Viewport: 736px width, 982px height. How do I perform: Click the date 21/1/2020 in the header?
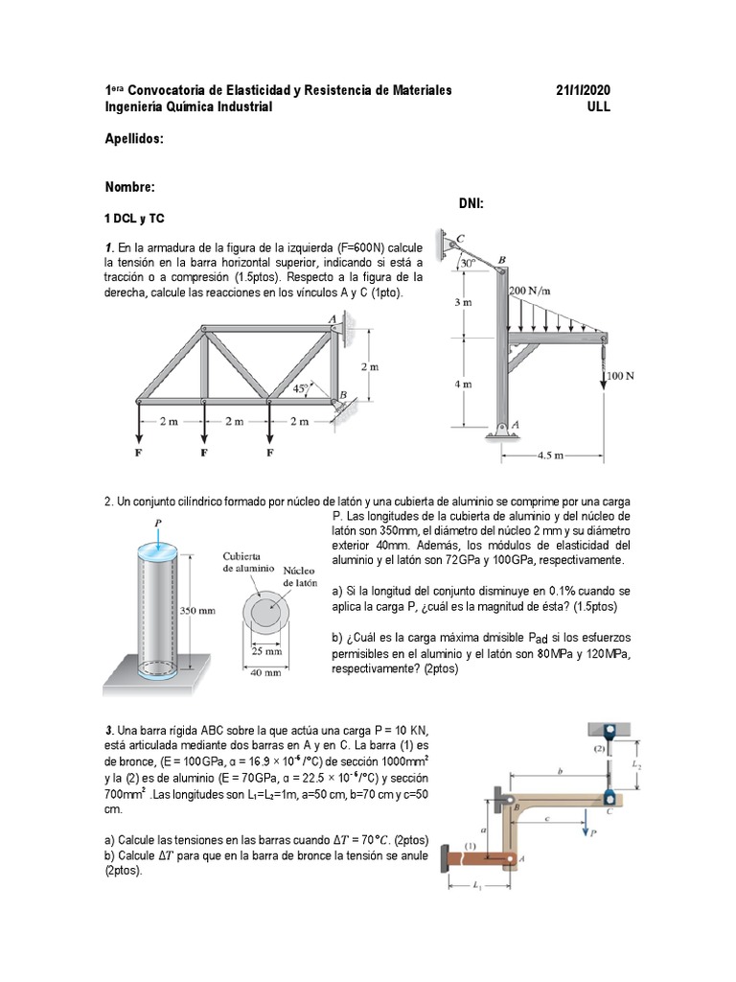[583, 90]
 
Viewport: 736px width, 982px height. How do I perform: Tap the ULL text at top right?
[598, 107]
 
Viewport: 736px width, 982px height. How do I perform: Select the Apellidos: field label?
[134, 139]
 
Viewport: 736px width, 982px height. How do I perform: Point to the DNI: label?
[472, 203]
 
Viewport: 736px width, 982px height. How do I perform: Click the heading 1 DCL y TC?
[137, 219]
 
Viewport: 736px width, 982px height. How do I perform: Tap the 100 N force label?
[623, 376]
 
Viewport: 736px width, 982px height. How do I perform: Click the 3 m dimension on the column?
[463, 302]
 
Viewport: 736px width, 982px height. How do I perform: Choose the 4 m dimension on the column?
[463, 384]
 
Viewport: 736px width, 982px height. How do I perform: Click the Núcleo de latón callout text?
[300, 576]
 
